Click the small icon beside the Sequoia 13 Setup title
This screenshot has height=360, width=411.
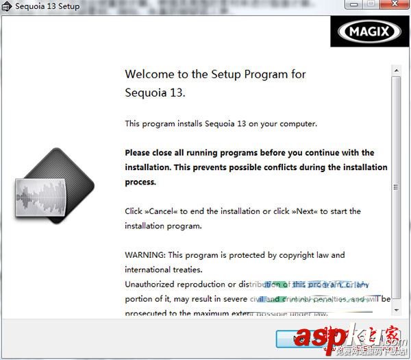[x=7, y=7]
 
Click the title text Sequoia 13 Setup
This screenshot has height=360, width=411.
[x=47, y=7]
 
